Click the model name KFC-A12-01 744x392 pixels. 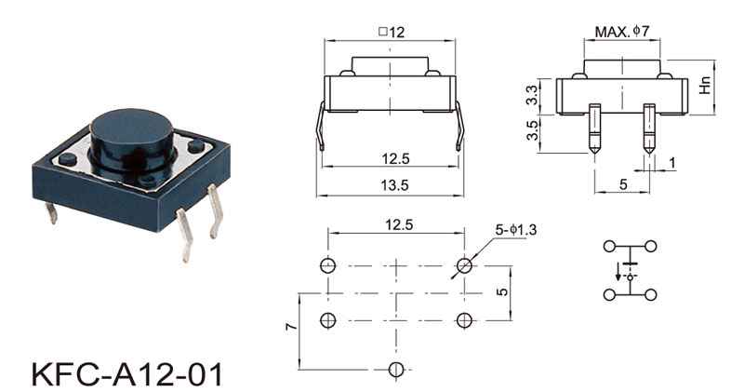coord(126,374)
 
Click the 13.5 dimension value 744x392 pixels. coord(394,185)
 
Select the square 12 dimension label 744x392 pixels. coord(392,32)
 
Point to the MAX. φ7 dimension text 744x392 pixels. coord(621,32)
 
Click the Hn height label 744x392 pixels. coord(706,86)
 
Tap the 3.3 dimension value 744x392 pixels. coord(533,95)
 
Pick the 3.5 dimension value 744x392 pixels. coord(533,130)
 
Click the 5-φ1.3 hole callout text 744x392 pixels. coord(516,230)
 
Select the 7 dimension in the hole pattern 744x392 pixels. coord(292,326)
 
